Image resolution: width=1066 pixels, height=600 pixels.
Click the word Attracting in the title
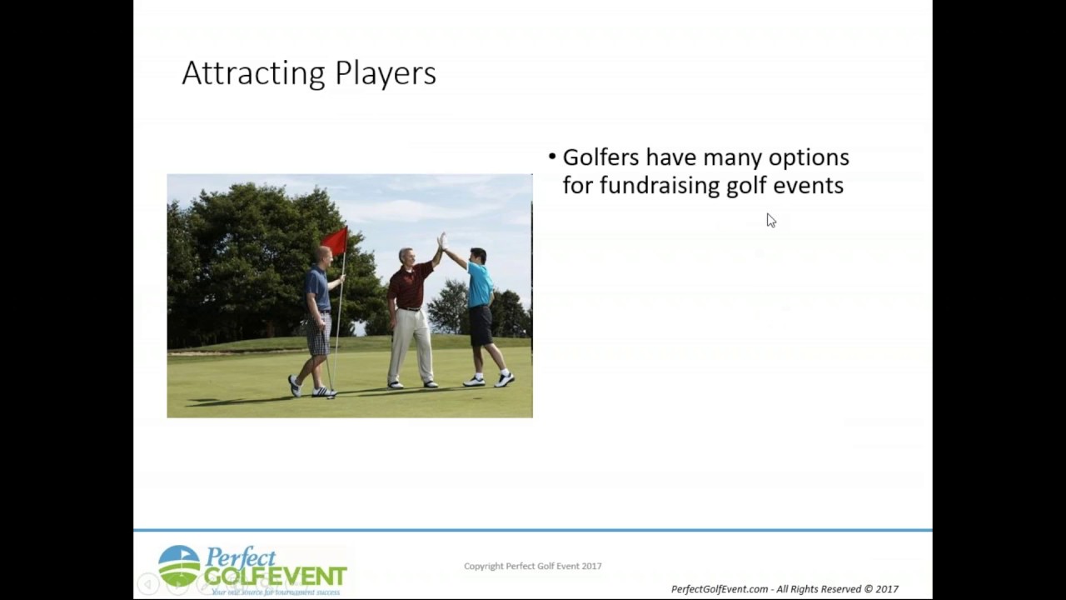pos(255,73)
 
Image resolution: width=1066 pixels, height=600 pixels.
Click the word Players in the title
pos(385,73)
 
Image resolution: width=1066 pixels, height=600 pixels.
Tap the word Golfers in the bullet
pos(601,157)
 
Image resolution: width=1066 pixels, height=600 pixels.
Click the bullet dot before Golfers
pos(552,157)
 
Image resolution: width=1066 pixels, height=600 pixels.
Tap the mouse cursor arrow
pos(770,220)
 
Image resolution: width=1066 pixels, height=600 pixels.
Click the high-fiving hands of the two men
pos(441,241)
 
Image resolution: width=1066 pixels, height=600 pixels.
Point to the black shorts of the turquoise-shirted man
pos(481,325)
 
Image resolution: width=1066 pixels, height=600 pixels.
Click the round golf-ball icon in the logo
pos(179,566)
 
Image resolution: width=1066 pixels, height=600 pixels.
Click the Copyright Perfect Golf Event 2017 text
pos(533,566)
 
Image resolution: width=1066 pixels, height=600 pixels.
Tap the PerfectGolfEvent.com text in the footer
pos(720,589)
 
